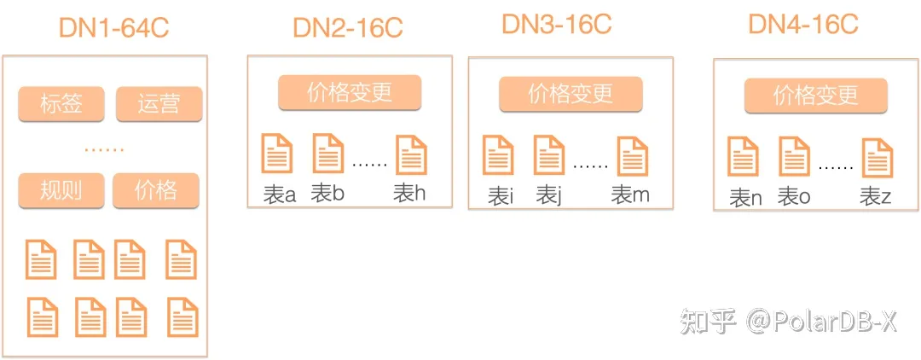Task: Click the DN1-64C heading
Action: (x=113, y=27)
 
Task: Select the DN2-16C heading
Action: (x=347, y=27)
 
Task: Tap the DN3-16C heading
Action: (x=556, y=24)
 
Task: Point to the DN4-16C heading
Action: (x=802, y=24)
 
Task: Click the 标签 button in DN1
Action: (x=61, y=105)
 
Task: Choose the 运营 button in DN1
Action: (x=159, y=105)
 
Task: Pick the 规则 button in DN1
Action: (x=61, y=189)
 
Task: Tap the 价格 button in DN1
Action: (x=155, y=189)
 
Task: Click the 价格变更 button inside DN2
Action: (x=350, y=93)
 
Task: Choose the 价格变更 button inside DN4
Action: (x=816, y=96)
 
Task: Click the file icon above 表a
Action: (x=276, y=153)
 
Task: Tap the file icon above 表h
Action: (x=411, y=155)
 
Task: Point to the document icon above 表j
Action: (x=548, y=155)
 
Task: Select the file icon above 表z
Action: (x=877, y=159)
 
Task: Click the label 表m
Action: (x=630, y=195)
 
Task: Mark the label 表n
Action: (x=744, y=199)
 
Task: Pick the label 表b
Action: (x=327, y=194)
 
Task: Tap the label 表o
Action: (x=794, y=198)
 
